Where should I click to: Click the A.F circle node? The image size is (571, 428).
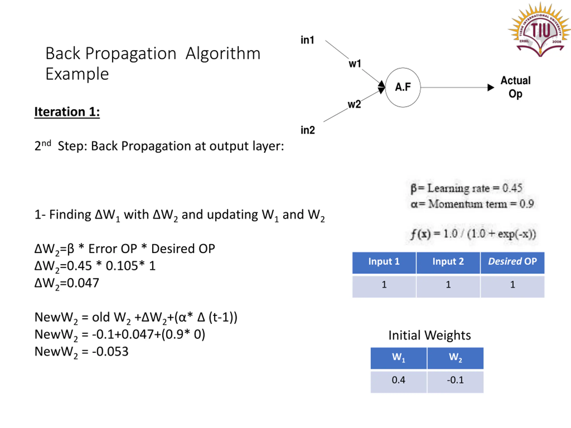(403, 87)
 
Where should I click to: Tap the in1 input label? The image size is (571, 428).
(307, 40)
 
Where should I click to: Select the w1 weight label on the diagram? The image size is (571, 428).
(355, 64)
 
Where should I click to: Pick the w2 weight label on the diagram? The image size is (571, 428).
(354, 105)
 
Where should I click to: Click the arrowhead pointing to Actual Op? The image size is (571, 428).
(491, 87)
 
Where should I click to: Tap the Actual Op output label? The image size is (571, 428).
(515, 87)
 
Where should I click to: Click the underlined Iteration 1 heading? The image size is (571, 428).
(67, 112)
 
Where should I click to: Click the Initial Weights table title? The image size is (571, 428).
(430, 335)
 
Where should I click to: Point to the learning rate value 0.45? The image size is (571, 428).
(512, 188)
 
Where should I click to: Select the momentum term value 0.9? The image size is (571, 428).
(527, 204)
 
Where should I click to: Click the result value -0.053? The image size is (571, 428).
(110, 352)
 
